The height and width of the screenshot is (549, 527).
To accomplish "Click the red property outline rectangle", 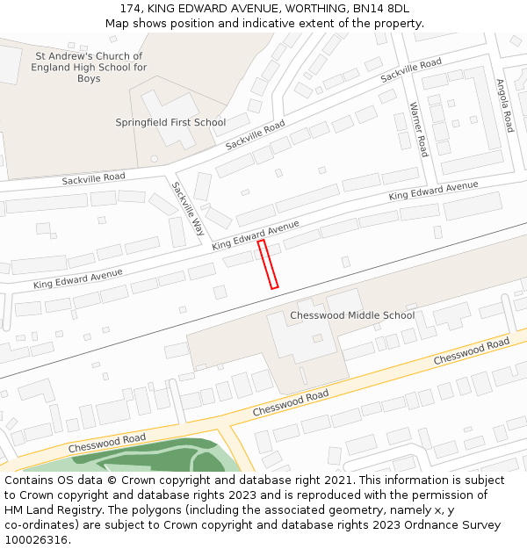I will pyautogui.click(x=268, y=264).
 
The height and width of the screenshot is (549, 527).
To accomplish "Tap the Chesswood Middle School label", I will pyautogui.click(x=352, y=315).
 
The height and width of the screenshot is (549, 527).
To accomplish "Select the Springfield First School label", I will pyautogui.click(x=170, y=123).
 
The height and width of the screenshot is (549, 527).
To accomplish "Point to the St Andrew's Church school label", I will pyautogui.click(x=89, y=68).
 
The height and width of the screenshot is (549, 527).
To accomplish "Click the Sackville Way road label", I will pyautogui.click(x=188, y=209).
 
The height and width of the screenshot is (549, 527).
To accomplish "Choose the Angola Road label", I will pyautogui.click(x=503, y=106).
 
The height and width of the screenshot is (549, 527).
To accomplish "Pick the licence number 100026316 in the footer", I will pyautogui.click(x=36, y=540).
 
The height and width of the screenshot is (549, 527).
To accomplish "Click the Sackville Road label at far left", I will pyautogui.click(x=93, y=179).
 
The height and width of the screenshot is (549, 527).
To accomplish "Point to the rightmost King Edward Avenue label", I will pyautogui.click(x=433, y=191).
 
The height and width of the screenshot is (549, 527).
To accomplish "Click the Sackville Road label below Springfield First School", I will pyautogui.click(x=256, y=134).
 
